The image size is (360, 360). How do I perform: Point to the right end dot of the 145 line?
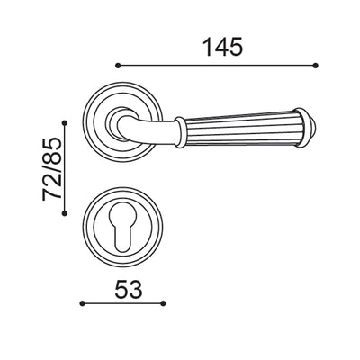pyautogui.click(x=317, y=65)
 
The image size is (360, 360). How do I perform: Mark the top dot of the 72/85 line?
pyautogui.click(x=65, y=122)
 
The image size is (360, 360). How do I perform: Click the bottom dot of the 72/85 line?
pyautogui.click(x=65, y=212)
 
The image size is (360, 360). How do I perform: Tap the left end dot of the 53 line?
pyautogui.click(x=83, y=304)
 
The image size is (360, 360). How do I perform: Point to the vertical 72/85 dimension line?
pyautogui.click(x=65, y=167)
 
